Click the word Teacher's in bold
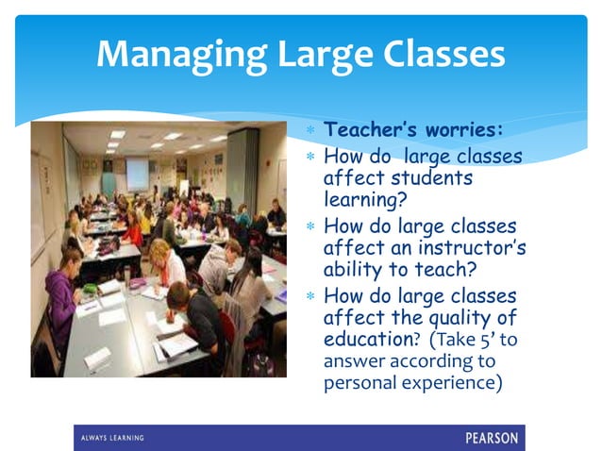coord(372,129)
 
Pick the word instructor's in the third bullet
coord(477,248)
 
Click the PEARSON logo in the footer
coord(491,438)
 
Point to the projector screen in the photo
coord(137,173)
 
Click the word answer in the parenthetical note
coord(353,362)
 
